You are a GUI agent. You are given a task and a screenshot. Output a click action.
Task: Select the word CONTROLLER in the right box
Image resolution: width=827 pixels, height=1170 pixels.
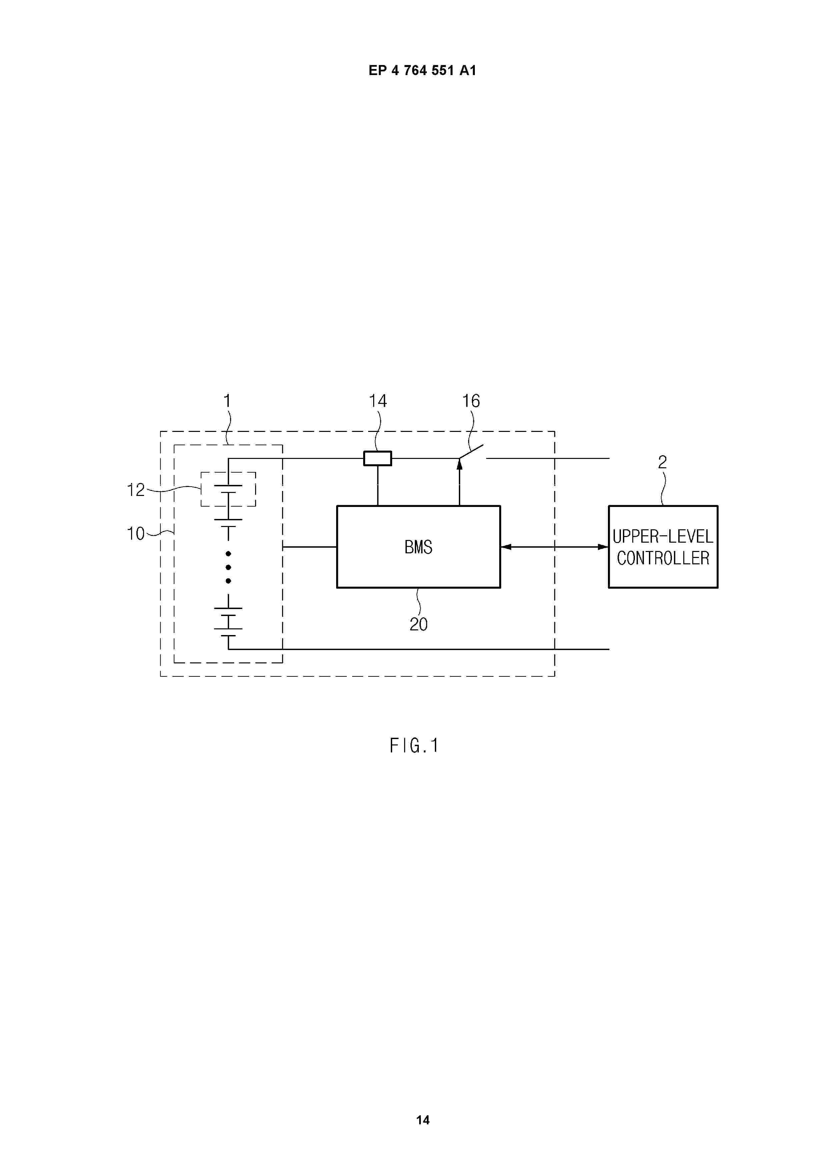[x=663, y=559]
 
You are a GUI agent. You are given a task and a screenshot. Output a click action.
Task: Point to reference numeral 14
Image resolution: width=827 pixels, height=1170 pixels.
[x=377, y=401]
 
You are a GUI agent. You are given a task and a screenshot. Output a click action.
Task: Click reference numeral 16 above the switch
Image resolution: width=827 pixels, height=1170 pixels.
[x=471, y=401]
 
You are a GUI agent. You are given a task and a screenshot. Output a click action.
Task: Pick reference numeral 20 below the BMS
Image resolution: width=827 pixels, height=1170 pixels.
[x=419, y=624]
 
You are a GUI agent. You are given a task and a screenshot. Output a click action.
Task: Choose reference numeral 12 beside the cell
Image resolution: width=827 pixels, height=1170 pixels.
[x=135, y=490]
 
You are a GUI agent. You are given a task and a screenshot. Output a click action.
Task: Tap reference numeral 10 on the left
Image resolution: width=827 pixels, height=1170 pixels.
[x=135, y=534]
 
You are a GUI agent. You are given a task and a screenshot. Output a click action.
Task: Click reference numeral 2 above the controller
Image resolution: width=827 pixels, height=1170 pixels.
[x=662, y=462]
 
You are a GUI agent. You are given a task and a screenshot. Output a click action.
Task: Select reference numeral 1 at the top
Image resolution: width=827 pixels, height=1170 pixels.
[x=228, y=401]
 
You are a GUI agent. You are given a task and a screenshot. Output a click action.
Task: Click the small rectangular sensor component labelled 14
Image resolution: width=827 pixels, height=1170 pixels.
[x=377, y=459]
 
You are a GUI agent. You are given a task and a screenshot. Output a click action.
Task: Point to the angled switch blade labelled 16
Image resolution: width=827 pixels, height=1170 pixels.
[x=471, y=452]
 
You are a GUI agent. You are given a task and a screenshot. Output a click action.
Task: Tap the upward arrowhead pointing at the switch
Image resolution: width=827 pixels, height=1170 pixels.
[x=459, y=464]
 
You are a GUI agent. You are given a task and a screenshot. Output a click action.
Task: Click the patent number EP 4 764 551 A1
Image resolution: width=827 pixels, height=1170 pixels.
[x=423, y=71]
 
